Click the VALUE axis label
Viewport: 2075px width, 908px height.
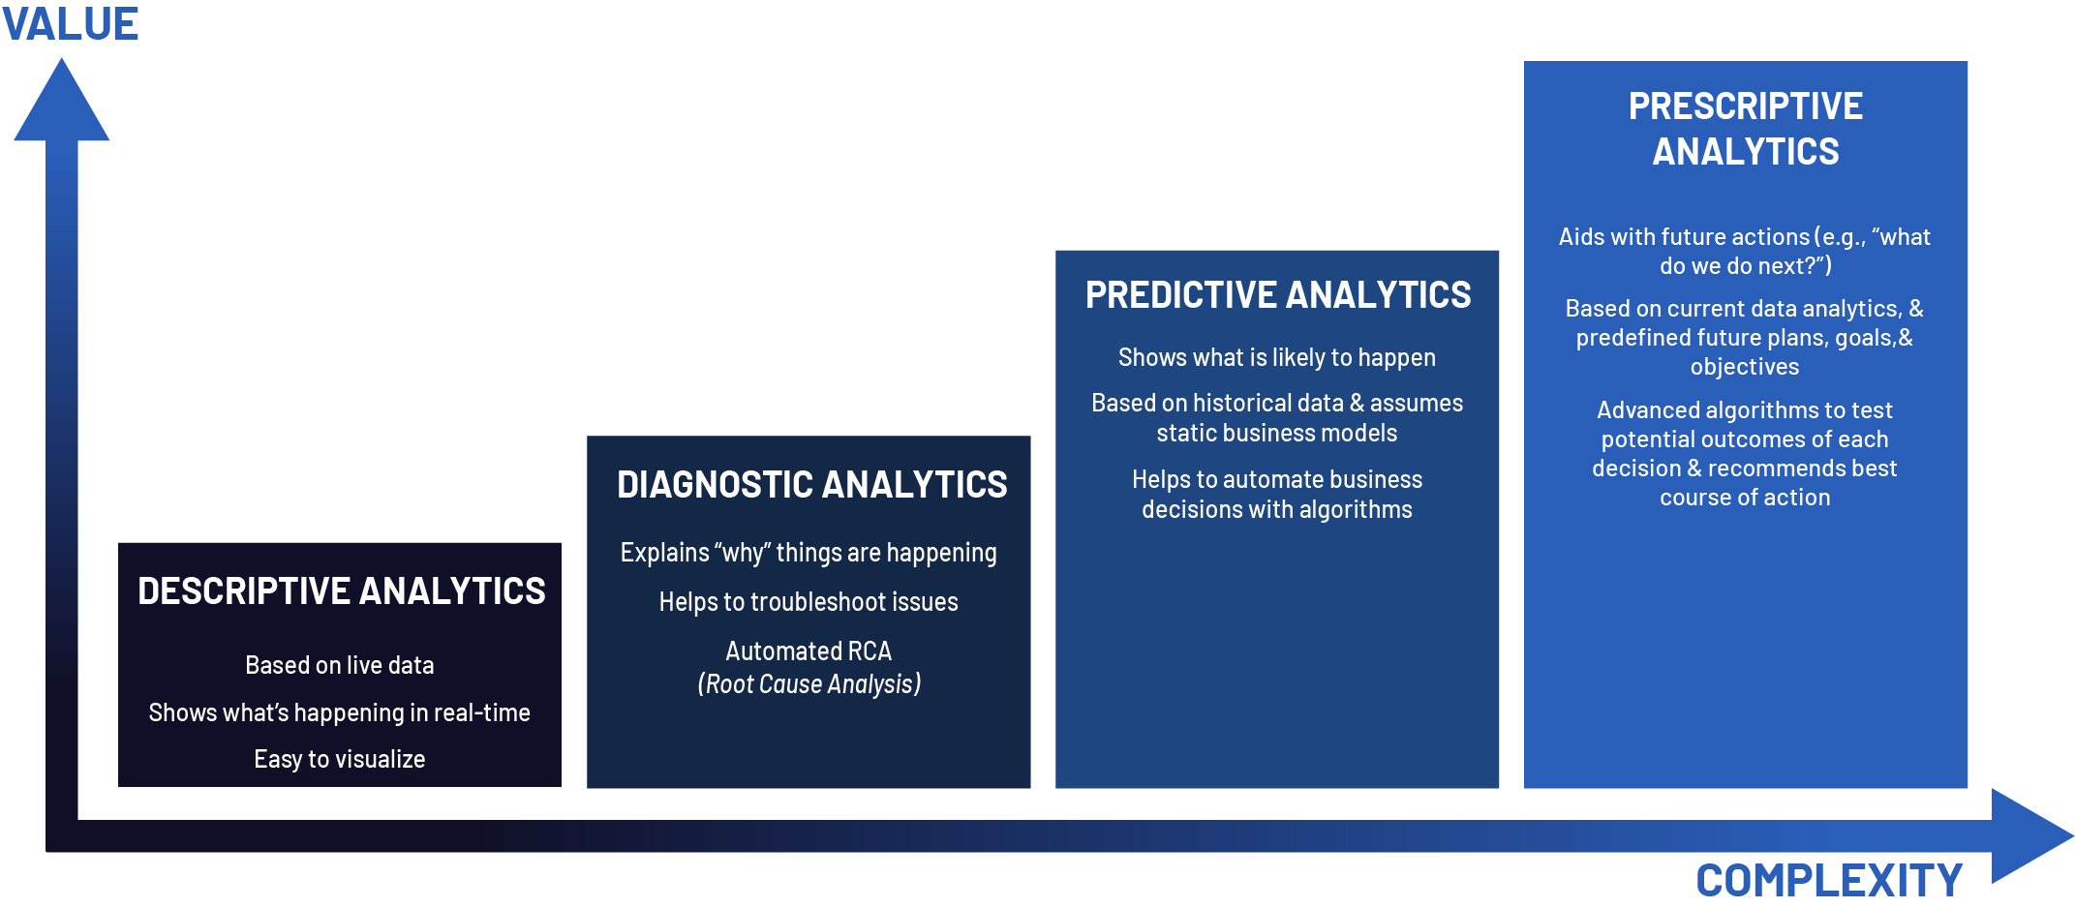click(70, 23)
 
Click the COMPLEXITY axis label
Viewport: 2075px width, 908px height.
click(1828, 880)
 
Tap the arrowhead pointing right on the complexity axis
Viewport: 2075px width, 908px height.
click(2029, 835)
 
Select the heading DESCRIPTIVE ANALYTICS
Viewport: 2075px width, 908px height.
click(341, 590)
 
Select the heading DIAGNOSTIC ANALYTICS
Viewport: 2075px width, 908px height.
click(811, 484)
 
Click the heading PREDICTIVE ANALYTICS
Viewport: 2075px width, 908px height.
click(1277, 294)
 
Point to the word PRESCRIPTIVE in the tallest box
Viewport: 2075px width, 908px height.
click(1745, 106)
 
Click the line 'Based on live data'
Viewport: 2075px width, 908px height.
click(339, 665)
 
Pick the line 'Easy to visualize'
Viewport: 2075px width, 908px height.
click(339, 759)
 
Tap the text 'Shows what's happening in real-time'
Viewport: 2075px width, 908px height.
click(339, 712)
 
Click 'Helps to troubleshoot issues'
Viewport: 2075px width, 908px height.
click(809, 601)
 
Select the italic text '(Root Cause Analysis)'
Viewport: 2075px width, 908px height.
click(809, 683)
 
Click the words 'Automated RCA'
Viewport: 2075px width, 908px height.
click(809, 651)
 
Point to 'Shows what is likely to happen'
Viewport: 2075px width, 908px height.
click(1276, 357)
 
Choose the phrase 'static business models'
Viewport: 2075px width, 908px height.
click(1276, 433)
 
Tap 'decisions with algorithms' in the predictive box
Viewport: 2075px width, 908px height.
click(1276, 509)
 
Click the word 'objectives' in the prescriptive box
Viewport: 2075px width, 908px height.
click(1744, 367)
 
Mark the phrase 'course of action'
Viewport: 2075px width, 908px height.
click(1744, 498)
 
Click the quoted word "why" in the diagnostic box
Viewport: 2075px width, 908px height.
click(742, 553)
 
